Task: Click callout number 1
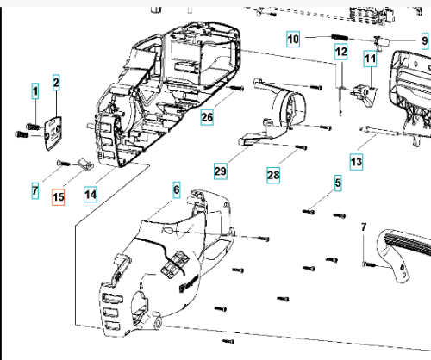click(35, 91)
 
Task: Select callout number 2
click(56, 83)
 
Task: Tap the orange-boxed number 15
click(58, 197)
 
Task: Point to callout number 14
click(91, 195)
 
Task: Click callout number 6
click(177, 189)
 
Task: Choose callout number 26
click(207, 117)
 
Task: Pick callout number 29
click(221, 171)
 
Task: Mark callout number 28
click(273, 175)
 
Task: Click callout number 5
click(338, 183)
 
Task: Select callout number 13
click(356, 162)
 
